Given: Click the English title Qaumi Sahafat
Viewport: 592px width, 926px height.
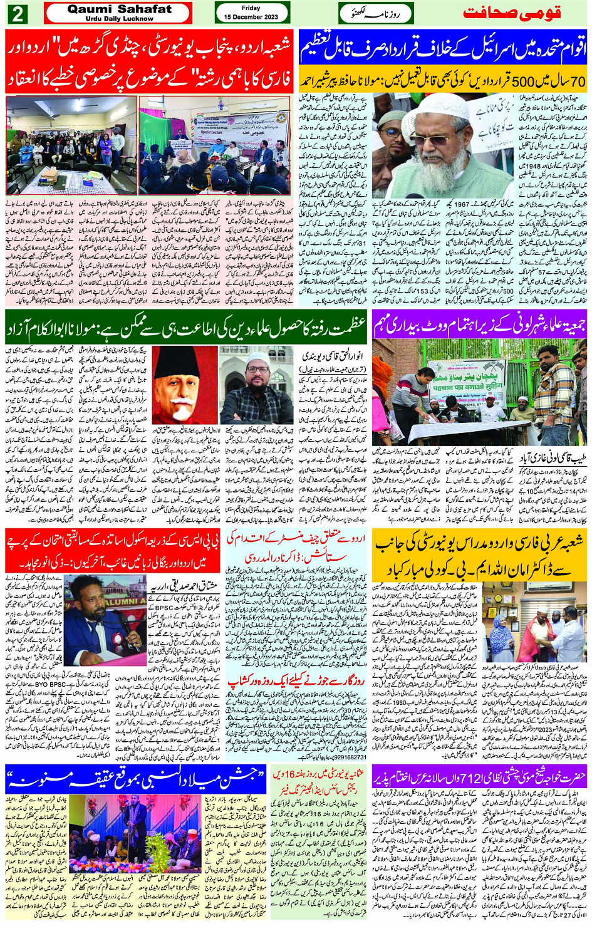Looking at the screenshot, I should pos(119,9).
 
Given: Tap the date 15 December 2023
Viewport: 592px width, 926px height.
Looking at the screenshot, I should pos(251,17).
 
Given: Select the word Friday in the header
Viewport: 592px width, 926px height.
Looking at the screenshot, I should pos(251,8).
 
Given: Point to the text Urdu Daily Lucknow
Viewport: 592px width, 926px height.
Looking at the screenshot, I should pos(119,19).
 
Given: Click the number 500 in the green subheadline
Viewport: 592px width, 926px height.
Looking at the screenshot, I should pos(521,81).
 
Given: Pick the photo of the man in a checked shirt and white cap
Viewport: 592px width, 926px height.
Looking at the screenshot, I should pos(256,386).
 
